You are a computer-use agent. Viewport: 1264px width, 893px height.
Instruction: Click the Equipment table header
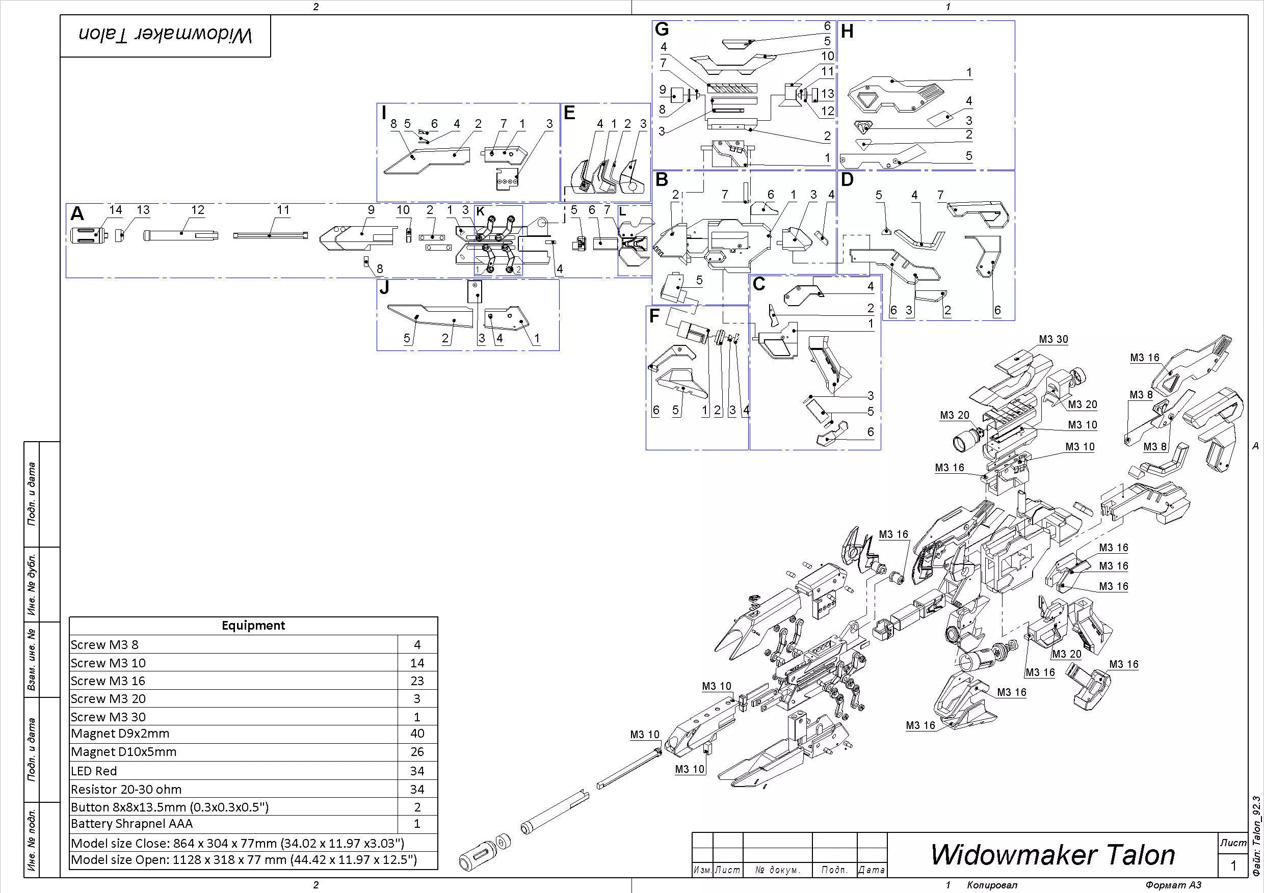tap(253, 626)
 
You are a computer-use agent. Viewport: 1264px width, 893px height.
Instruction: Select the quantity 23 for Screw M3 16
tap(417, 681)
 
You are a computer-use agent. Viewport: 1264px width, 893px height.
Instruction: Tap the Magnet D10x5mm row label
tap(123, 751)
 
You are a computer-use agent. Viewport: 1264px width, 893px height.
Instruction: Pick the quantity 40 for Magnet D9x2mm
tap(417, 734)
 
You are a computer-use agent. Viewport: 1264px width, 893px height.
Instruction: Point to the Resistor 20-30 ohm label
tap(126, 789)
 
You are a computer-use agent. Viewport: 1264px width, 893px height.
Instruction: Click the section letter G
tap(662, 30)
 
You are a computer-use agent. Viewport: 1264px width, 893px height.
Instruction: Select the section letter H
tap(847, 32)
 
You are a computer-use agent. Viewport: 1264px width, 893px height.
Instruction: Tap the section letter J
tap(384, 288)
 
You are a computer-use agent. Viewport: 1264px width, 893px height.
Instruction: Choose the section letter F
tap(654, 316)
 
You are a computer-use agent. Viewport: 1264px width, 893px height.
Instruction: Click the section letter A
tap(77, 213)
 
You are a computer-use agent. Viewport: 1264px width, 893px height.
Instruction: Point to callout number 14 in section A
tap(116, 210)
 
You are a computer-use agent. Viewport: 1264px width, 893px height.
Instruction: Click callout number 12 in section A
tap(198, 210)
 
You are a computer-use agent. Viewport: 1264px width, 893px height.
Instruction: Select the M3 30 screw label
tap(1053, 339)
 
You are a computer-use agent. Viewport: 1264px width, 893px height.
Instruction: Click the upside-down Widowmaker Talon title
tap(165, 36)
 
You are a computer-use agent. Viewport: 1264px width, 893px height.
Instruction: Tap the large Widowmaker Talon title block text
tap(1052, 854)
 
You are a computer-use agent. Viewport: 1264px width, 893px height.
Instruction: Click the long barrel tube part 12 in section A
tap(180, 235)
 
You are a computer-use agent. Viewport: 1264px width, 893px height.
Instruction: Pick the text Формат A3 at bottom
tap(1173, 885)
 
